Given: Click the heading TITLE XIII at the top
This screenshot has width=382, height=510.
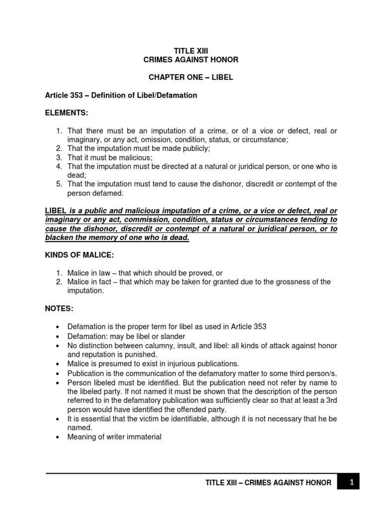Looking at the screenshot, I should (x=191, y=50).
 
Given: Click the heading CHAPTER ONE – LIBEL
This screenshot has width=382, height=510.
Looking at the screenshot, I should (x=191, y=78).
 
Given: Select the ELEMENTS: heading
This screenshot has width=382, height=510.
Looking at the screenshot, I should (x=66, y=113).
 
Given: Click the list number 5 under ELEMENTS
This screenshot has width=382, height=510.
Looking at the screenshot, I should (x=58, y=184).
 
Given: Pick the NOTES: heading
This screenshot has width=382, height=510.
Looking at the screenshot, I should (x=59, y=309).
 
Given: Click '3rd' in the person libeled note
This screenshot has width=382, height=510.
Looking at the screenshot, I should (x=329, y=401).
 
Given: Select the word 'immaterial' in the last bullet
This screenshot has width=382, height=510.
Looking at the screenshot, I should (x=144, y=437).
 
